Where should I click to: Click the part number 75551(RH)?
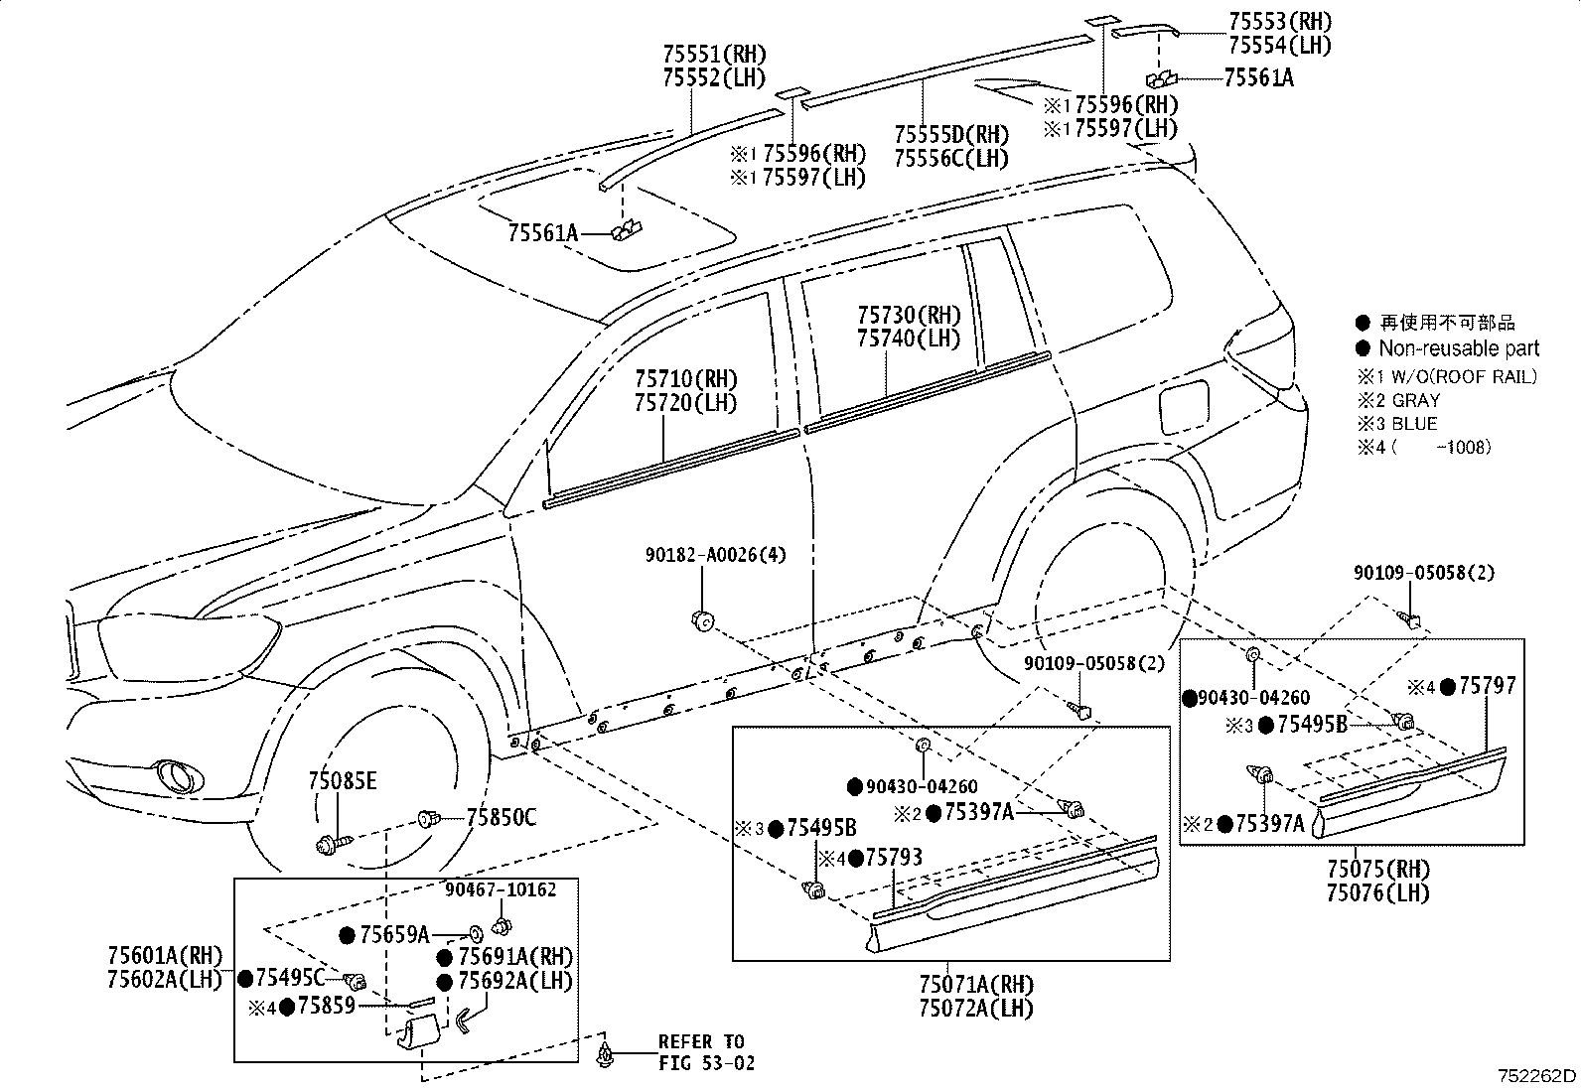(x=715, y=56)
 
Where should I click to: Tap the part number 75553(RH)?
(x=1279, y=22)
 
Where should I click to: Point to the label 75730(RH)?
(x=909, y=316)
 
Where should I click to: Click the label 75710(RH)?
(x=686, y=379)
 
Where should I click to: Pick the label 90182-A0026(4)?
(x=715, y=555)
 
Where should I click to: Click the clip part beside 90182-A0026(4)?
(x=702, y=621)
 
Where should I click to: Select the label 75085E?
(x=342, y=781)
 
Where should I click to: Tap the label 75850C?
(x=502, y=818)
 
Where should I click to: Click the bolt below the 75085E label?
(x=328, y=846)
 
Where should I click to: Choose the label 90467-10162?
(x=500, y=890)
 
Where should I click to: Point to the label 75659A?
(x=393, y=934)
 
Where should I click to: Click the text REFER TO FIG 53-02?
(x=706, y=1052)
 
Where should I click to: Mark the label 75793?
(x=894, y=857)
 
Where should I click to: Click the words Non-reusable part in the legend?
(x=1458, y=348)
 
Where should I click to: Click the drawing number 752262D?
(x=1537, y=1076)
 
